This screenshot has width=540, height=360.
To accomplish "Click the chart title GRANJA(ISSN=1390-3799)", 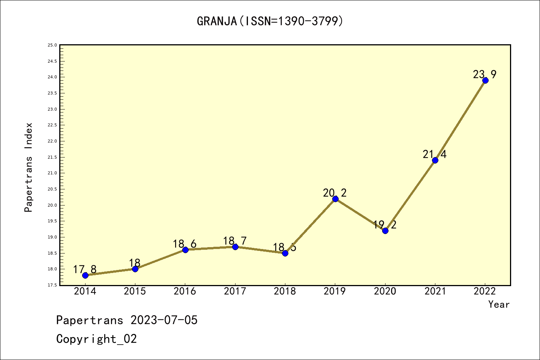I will tap(270, 21).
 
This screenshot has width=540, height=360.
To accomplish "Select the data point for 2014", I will tap(85, 275).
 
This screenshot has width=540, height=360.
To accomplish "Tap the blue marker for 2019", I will tap(335, 199).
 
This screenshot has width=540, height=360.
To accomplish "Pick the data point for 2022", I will tap(485, 80).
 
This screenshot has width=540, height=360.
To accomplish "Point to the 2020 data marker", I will tap(385, 231).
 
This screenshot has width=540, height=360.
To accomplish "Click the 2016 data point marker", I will tap(185, 250).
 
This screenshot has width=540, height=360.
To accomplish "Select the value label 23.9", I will tap(484, 75).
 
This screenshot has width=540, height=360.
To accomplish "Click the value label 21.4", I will tap(435, 154).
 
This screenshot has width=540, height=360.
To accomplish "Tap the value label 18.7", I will tap(235, 241).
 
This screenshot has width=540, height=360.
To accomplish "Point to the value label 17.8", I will tap(85, 269).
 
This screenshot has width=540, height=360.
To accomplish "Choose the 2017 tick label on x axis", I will tap(235, 291).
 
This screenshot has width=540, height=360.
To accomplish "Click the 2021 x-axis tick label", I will tap(435, 291).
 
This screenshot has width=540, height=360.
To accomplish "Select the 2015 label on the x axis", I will tap(135, 291).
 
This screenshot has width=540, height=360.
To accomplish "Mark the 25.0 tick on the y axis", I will tap(52, 45).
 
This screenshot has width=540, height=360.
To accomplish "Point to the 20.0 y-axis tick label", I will tap(52, 205).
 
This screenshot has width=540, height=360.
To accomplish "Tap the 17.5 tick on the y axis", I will tap(52, 285).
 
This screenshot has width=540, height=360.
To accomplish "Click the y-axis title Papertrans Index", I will tap(28, 167).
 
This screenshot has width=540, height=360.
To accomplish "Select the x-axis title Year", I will tap(499, 304).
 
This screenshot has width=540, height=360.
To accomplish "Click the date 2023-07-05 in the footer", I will tap(164, 320).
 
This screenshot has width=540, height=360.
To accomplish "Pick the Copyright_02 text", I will tap(96, 339).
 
